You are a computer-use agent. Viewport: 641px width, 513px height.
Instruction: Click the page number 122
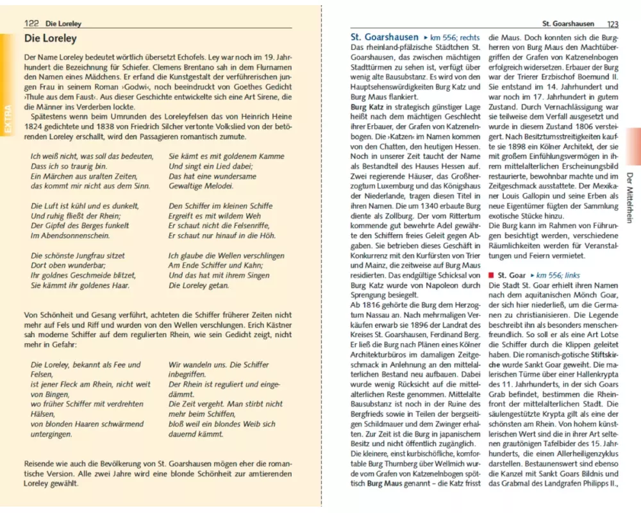pyautogui.click(x=31, y=24)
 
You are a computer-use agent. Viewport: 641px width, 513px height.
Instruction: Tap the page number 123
pyautogui.click(x=613, y=24)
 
